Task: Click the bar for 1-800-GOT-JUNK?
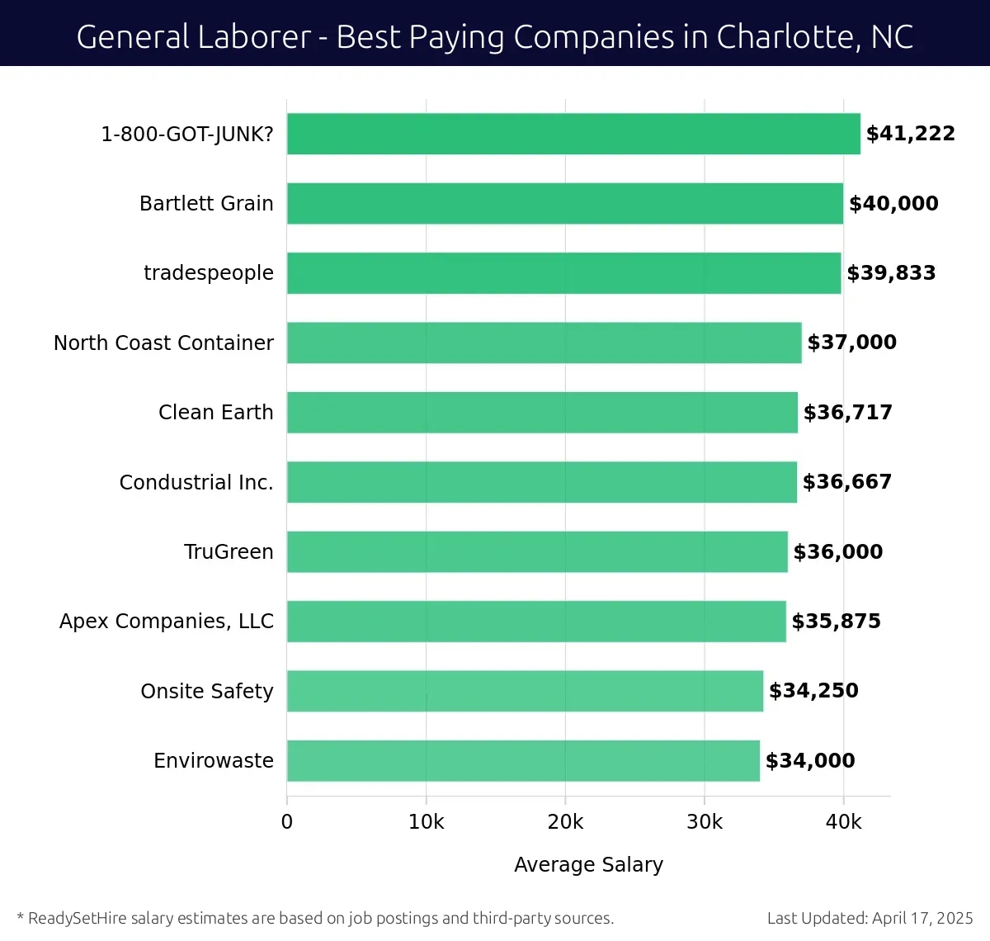(573, 134)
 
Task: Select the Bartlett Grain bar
(565, 204)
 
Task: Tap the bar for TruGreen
(537, 552)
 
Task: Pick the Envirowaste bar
(523, 761)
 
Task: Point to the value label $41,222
(910, 134)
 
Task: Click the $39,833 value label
(891, 273)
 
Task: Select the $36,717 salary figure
(847, 413)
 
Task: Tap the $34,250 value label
(813, 691)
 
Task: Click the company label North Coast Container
(163, 343)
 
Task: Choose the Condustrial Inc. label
(196, 483)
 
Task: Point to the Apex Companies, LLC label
(167, 622)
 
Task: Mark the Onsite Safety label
(207, 692)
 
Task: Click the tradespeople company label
(209, 273)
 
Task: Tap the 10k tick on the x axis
(426, 822)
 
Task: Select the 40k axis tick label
(843, 822)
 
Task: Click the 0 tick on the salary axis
(287, 822)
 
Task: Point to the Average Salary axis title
(588, 864)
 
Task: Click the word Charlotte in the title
(774, 37)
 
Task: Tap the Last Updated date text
(870, 918)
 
